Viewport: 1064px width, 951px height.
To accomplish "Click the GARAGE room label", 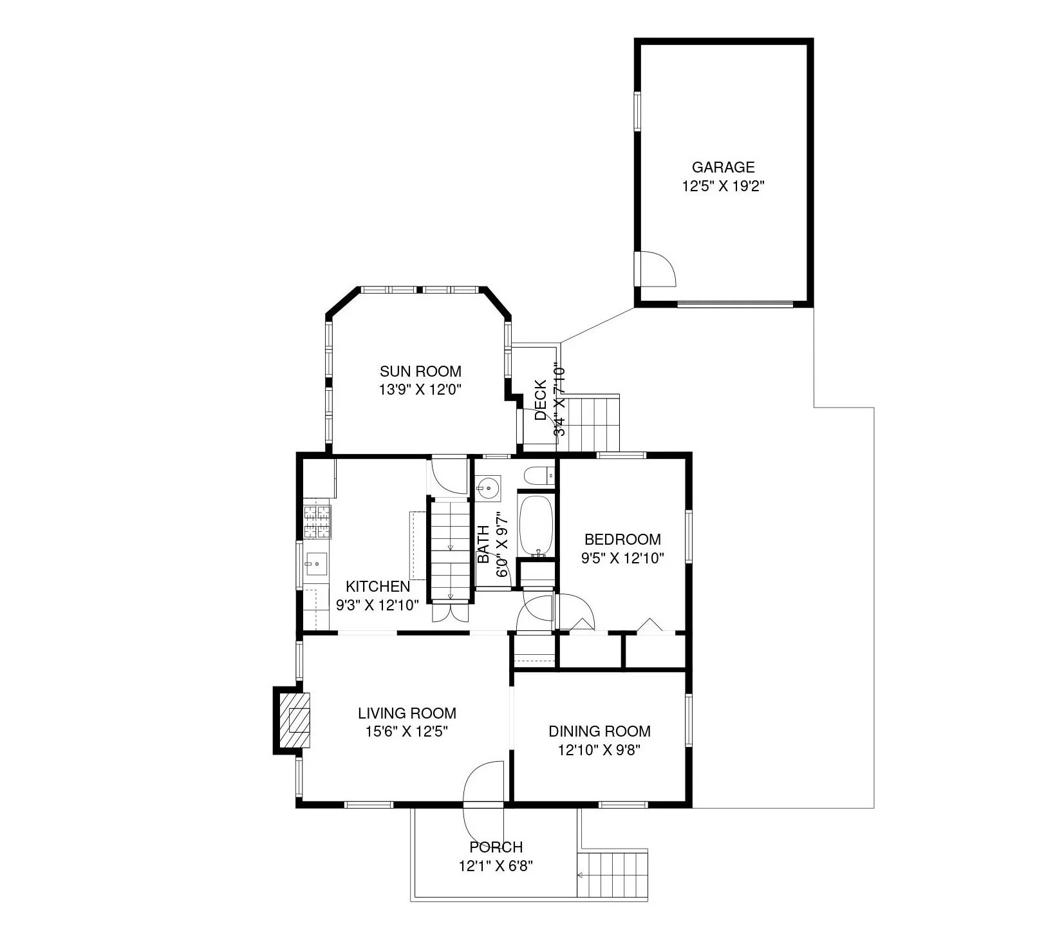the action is pyautogui.click(x=723, y=167).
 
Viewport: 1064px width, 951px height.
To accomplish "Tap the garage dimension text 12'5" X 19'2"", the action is pyautogui.click(x=723, y=187).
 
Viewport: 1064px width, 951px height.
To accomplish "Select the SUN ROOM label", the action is pyautogui.click(x=420, y=371).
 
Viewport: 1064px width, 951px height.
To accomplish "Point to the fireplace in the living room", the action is pyautogui.click(x=293, y=719).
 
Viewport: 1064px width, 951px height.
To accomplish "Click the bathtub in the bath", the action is pyautogui.click(x=536, y=526).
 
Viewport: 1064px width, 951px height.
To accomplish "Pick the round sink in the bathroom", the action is pyautogui.click(x=489, y=488).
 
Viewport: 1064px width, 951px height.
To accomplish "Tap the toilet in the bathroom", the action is pyautogui.click(x=538, y=476).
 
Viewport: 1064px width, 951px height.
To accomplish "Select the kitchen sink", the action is pyautogui.click(x=316, y=565).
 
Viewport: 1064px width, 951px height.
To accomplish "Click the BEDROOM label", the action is pyautogui.click(x=622, y=539).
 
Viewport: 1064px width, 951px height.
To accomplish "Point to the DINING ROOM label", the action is pyautogui.click(x=599, y=731).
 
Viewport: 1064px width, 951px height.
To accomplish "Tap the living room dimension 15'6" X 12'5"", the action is pyautogui.click(x=406, y=731).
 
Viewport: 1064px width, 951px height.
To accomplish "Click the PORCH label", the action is pyautogui.click(x=496, y=847).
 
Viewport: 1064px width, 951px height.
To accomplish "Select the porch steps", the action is pyautogui.click(x=613, y=875).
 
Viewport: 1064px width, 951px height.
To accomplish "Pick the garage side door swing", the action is pyautogui.click(x=657, y=267).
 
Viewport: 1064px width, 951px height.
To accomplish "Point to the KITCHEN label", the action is pyautogui.click(x=377, y=587).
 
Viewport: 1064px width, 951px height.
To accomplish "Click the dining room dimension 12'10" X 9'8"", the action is pyautogui.click(x=599, y=749).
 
